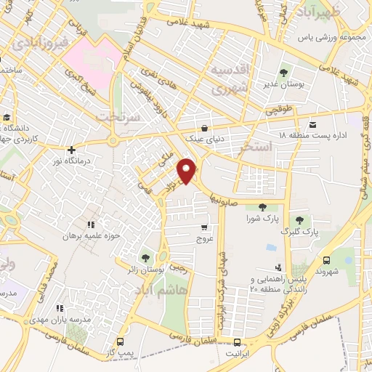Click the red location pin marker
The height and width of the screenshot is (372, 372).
(187, 170)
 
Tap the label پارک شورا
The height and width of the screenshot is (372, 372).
(262, 219)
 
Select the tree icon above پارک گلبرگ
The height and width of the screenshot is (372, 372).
(299, 221)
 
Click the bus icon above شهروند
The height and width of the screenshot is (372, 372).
(326, 259)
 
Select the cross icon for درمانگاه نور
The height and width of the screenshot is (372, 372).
(71, 150)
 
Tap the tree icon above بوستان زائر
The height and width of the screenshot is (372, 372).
(146, 258)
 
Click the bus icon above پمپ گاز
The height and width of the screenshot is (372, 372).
(120, 340)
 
